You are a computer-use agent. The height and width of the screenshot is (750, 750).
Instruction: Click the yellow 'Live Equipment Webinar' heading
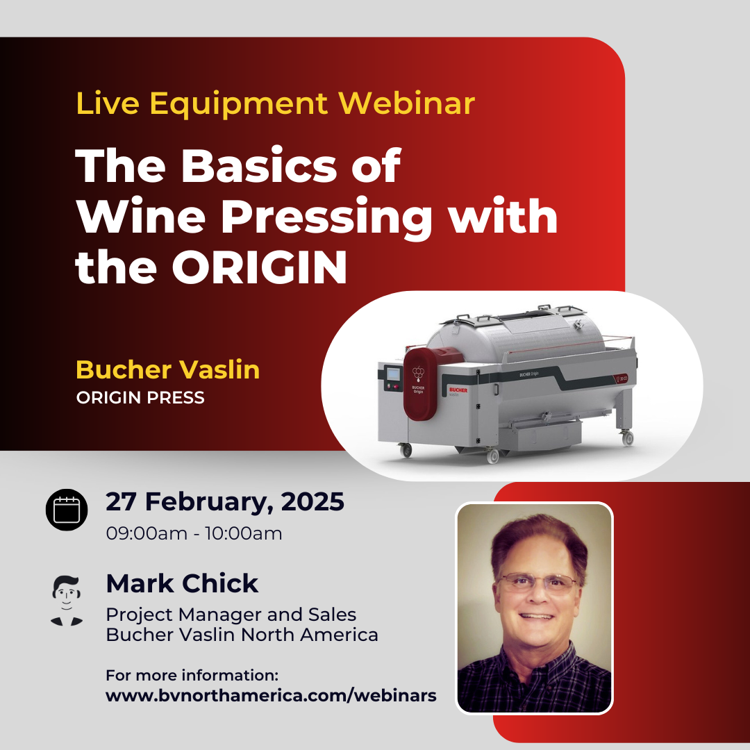(x=276, y=103)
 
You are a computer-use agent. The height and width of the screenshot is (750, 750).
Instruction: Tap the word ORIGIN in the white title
(x=260, y=268)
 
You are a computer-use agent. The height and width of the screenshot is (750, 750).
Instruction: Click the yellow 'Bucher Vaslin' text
(x=168, y=369)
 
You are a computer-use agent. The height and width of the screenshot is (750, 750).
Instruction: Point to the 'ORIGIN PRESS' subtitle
(x=140, y=397)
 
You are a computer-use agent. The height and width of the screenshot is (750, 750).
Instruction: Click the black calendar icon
(x=67, y=510)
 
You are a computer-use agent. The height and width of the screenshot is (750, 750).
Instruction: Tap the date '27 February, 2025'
(x=225, y=502)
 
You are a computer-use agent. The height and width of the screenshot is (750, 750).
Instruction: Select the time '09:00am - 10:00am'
(x=194, y=533)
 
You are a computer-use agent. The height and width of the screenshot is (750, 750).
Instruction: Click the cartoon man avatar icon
(x=67, y=600)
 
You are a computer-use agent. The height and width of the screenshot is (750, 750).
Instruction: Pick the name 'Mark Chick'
(x=182, y=583)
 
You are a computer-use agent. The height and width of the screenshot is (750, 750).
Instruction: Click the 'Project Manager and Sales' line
(x=231, y=615)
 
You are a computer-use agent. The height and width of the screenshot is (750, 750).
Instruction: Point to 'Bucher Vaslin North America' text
(x=242, y=635)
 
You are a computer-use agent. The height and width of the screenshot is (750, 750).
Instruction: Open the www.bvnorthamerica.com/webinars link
(x=272, y=695)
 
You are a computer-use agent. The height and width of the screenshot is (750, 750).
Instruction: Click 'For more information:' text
(x=192, y=676)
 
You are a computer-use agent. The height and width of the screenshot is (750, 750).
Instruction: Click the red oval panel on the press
(x=420, y=384)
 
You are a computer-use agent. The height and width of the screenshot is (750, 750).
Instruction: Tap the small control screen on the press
(x=392, y=374)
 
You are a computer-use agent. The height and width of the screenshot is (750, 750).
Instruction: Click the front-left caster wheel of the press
(x=406, y=450)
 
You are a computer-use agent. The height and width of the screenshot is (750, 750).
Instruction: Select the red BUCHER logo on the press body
(x=458, y=390)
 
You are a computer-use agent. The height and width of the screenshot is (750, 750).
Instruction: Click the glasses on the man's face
(x=537, y=583)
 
